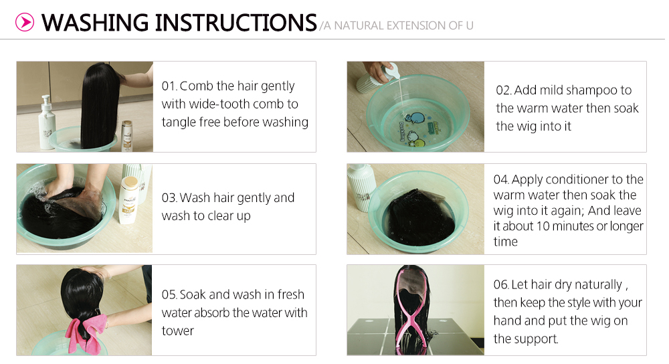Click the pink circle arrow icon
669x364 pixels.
click(24, 22)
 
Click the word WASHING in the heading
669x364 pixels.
click(95, 23)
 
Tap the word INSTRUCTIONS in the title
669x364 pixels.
click(235, 23)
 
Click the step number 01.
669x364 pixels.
click(169, 86)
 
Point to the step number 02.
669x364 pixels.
click(503, 90)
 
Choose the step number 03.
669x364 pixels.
click(169, 198)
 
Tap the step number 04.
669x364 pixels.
click(501, 179)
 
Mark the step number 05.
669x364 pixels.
click(169, 295)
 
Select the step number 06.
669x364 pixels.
click(501, 284)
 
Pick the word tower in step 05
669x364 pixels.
click(177, 331)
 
